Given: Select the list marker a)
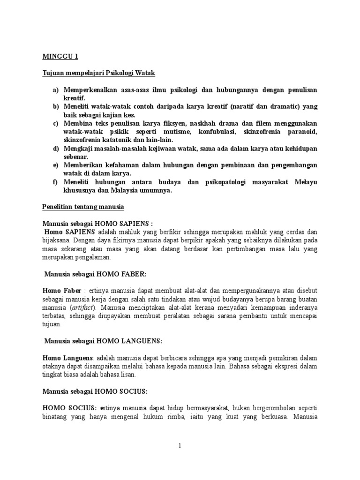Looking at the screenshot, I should [57, 90].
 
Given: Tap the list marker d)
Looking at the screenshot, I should [57, 149].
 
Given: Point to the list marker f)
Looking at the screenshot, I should [57, 182].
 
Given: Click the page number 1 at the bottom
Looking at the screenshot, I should [180, 446].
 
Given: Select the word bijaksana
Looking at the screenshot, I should [61, 240].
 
